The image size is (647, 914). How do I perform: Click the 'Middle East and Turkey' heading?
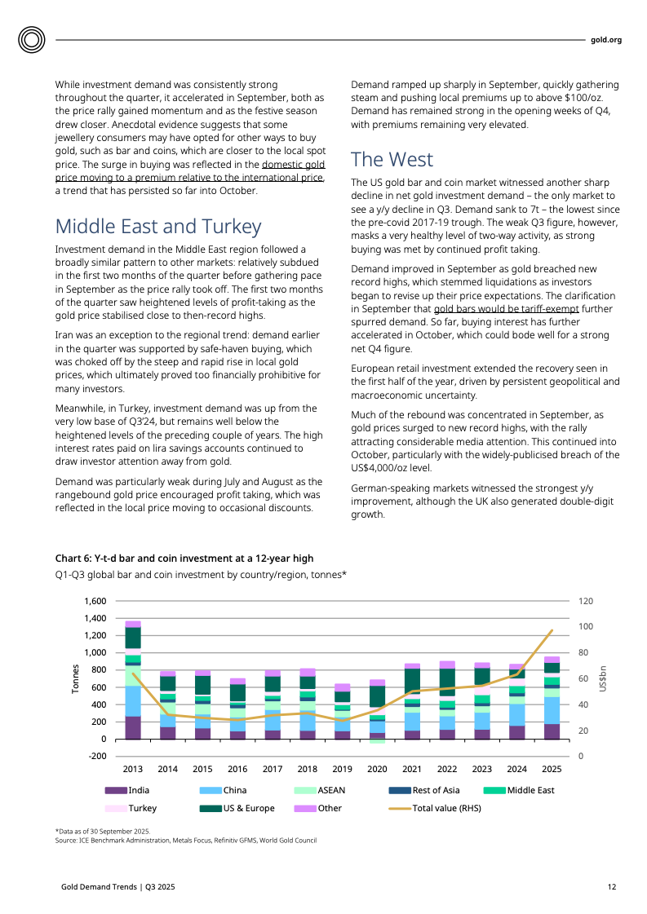tap(157, 227)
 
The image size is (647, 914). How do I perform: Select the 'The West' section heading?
tap(392, 159)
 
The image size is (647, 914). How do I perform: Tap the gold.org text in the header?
tap(606, 39)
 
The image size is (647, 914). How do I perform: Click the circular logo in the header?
tap(33, 39)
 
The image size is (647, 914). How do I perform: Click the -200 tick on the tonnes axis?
tap(95, 757)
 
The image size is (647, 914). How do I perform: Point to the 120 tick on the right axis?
tap(587, 601)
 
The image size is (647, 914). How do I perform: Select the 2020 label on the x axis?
tap(376, 769)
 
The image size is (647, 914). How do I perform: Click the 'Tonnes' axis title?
tap(76, 678)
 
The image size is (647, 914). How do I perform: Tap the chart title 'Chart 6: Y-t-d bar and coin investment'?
tap(184, 559)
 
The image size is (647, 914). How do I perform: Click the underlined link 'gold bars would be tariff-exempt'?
tap(506, 310)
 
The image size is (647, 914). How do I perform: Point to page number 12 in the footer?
tap(611, 887)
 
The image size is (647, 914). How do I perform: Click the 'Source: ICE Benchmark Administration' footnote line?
tap(185, 840)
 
